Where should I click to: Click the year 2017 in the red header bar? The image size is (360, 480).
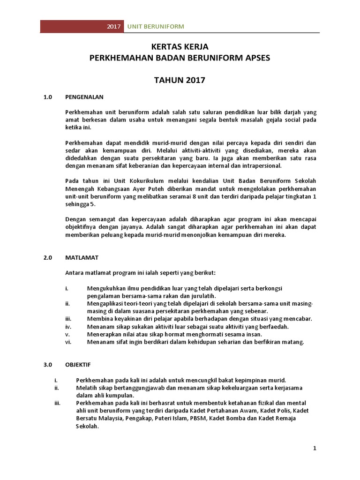(x=114, y=27)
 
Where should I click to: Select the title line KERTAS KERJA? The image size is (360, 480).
(x=180, y=47)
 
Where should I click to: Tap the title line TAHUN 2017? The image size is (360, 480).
(x=180, y=80)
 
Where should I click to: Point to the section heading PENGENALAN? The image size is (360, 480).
(x=84, y=97)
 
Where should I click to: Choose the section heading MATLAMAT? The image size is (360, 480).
(x=82, y=258)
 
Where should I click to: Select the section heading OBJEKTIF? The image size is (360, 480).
(x=78, y=364)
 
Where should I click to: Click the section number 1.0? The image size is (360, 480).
(x=47, y=97)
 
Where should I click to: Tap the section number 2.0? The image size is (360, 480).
(x=47, y=258)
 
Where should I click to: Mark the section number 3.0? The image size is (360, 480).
(x=47, y=364)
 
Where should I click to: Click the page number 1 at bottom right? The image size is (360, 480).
(x=315, y=449)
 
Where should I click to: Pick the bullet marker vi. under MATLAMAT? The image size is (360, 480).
(x=67, y=342)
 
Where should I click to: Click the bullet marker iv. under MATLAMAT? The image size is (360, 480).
(x=67, y=327)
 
